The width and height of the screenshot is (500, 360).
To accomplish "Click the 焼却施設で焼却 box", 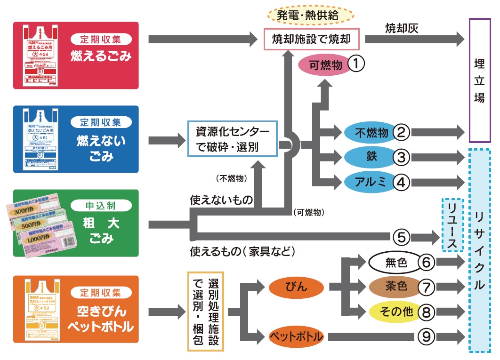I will pos(311,40).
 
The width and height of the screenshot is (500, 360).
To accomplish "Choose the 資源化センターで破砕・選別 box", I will pos(233,139).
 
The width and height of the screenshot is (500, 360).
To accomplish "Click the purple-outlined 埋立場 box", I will pos(480,80).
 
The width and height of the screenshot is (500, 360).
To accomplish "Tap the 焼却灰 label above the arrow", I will pos(402,28).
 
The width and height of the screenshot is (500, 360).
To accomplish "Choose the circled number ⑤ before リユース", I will pos(401,236).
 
